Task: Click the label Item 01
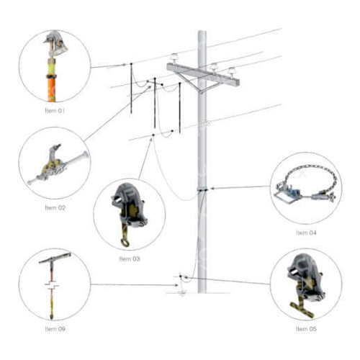coord(55,111)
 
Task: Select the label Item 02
coord(55,207)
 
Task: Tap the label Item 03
coord(130,258)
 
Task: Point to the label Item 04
coord(306,233)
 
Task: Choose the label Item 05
coord(306,329)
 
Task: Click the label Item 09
coord(55,329)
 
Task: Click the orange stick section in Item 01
coord(51,89)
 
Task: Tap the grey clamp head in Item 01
coord(56,43)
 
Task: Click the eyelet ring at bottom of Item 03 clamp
coord(125,243)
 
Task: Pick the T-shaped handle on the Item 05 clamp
coord(302,309)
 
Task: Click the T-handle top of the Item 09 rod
coord(55,258)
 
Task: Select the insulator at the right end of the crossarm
coord(232,72)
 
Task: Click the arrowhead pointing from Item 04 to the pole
coord(212,189)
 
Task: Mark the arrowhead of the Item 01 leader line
coord(124,65)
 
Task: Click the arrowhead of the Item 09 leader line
coord(176,285)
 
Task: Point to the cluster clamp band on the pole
coord(202,189)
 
